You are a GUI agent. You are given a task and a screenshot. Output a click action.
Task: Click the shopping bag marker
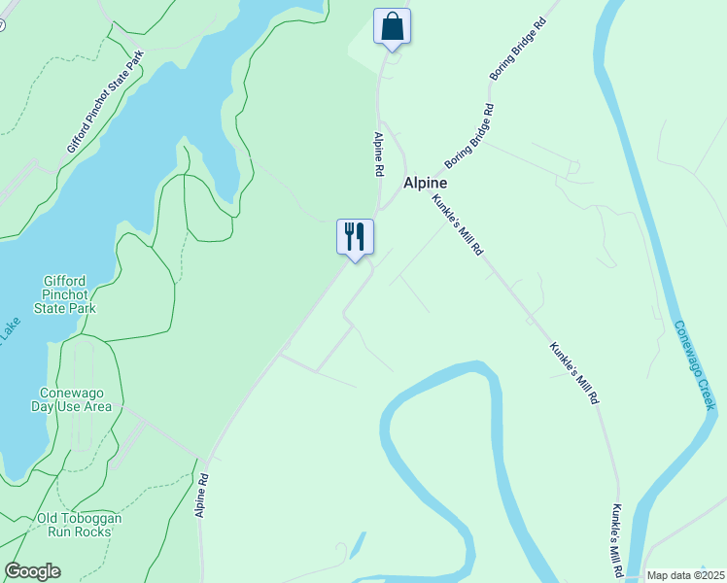392,26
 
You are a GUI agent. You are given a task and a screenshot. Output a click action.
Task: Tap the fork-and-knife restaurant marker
355,236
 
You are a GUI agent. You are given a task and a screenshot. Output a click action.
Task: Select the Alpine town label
426,183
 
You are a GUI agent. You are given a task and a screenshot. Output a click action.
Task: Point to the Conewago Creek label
695,365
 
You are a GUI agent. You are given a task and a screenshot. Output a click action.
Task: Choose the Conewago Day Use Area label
75,400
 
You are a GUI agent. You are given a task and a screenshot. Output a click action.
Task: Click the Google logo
32,571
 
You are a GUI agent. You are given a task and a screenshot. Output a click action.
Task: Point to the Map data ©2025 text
684,575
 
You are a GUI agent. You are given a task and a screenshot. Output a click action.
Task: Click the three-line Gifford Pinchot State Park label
69,294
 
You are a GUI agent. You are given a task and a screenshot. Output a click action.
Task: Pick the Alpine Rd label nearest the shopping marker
378,154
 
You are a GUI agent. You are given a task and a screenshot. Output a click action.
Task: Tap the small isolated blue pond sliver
359,545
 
